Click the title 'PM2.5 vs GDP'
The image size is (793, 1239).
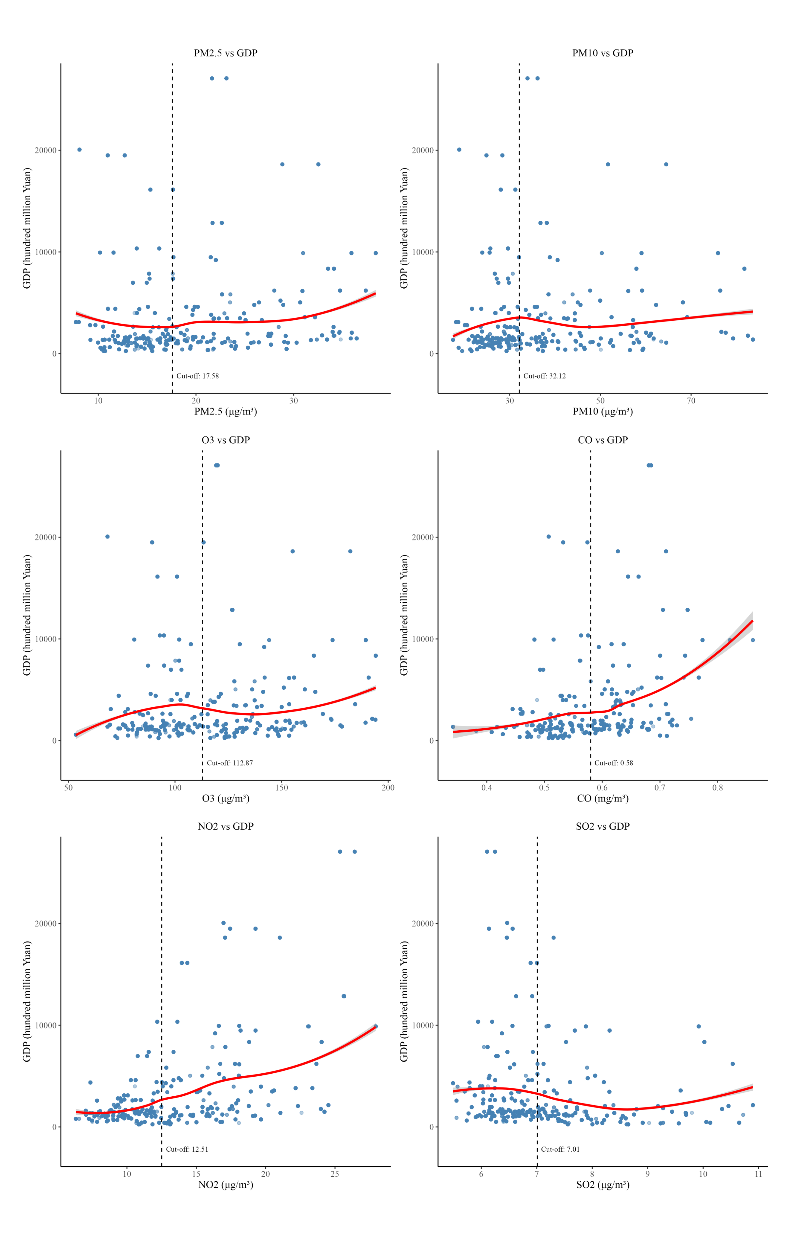tap(226, 53)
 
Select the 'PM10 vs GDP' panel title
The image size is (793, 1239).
tap(602, 53)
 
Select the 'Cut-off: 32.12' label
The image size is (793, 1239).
tap(544, 376)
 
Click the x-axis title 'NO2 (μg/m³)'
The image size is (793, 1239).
tap(226, 1185)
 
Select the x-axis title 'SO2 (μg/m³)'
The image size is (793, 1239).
tap(602, 1185)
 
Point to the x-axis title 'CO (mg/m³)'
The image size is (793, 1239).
tap(602, 798)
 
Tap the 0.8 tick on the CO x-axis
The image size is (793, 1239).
tap(717, 787)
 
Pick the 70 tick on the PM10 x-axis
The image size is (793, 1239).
tap(691, 401)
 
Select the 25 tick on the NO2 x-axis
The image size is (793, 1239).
tap(335, 1174)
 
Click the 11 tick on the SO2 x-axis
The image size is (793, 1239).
tap(758, 1174)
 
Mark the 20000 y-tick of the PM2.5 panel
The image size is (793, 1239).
tap(45, 151)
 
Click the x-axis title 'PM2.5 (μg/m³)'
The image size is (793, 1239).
tap(226, 412)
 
